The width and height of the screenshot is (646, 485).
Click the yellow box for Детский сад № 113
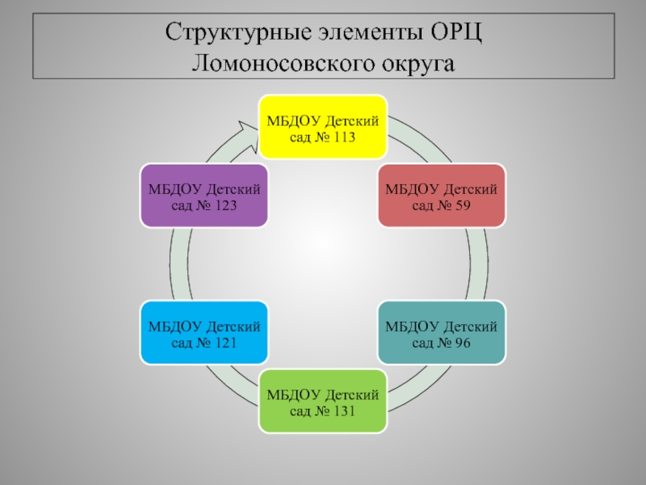(323, 127)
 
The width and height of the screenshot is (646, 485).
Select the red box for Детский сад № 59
(442, 196)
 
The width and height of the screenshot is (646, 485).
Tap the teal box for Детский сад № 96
(442, 333)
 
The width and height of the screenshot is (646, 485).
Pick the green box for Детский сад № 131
(323, 401)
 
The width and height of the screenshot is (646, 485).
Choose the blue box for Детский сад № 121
(204, 333)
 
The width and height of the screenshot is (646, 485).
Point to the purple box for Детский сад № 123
(204, 196)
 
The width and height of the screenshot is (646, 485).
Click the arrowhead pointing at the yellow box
(248, 135)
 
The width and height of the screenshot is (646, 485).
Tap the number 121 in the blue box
(225, 343)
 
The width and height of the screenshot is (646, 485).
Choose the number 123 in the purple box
(225, 205)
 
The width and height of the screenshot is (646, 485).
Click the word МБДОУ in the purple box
(175, 190)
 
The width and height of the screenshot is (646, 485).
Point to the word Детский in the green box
(352, 395)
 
